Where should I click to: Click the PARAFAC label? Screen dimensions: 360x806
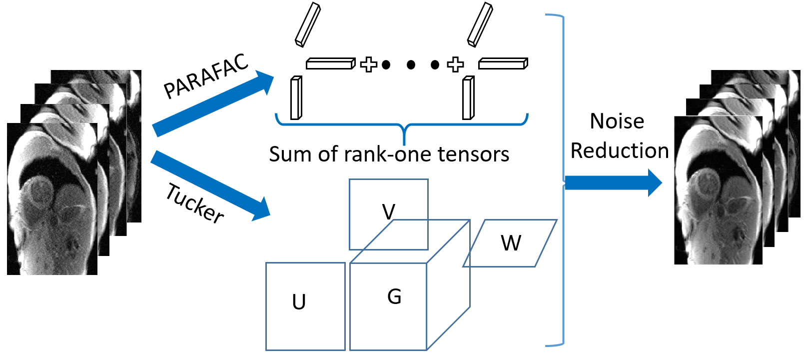pyautogui.click(x=206, y=76)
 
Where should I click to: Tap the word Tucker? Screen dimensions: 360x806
pyautogui.click(x=195, y=203)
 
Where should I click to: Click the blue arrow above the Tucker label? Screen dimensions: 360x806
pyautogui.click(x=210, y=185)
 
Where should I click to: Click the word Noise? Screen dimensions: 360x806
pyautogui.click(x=617, y=121)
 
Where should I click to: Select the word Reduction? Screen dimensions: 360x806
pyautogui.click(x=620, y=150)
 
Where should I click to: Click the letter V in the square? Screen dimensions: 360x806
pyautogui.click(x=389, y=212)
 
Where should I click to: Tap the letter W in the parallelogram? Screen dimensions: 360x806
pyautogui.click(x=511, y=243)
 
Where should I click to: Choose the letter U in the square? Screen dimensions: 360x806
pyautogui.click(x=299, y=302)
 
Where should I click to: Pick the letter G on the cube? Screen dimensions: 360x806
pyautogui.click(x=394, y=296)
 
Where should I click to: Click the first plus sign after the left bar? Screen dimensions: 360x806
pyautogui.click(x=369, y=64)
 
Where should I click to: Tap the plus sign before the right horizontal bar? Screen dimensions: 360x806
pyautogui.click(x=455, y=64)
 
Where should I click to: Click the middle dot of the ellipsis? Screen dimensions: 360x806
pyautogui.click(x=411, y=64)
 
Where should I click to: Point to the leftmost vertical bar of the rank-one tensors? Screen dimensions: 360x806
pyautogui.click(x=296, y=98)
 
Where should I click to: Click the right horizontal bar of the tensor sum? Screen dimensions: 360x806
pyautogui.click(x=503, y=63)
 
